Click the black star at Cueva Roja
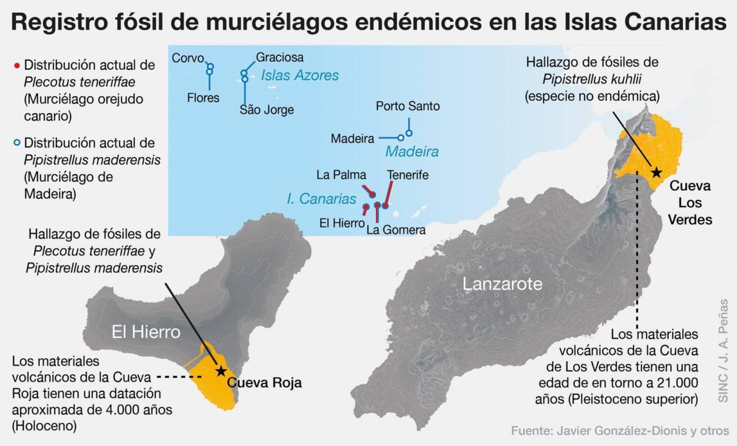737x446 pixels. [x=221, y=371]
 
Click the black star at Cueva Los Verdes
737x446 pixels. [x=656, y=172]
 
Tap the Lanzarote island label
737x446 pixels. [x=502, y=284]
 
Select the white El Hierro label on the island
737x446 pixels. [x=146, y=332]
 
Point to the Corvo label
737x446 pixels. [x=187, y=58]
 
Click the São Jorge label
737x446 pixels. [x=267, y=110]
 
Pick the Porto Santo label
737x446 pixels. [x=407, y=106]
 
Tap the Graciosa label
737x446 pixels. [x=280, y=57]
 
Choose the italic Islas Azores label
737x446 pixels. [x=299, y=75]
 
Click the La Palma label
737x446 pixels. [x=341, y=175]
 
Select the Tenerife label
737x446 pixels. [x=407, y=175]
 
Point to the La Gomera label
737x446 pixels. [x=396, y=230]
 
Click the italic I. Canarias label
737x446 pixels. [x=321, y=199]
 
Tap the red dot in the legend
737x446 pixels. [x=17, y=66]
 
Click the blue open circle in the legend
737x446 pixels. [x=17, y=143]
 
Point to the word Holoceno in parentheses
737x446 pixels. [x=44, y=426]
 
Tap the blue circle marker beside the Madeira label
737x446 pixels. [x=400, y=138]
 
